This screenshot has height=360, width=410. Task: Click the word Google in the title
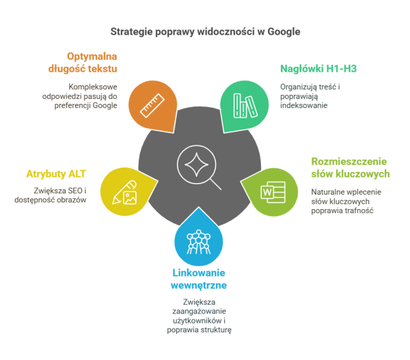tap(284, 32)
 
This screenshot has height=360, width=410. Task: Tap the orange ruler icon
tap(152, 106)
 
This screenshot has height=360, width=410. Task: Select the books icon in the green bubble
tap(245, 106)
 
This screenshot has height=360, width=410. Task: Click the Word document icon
tap(273, 192)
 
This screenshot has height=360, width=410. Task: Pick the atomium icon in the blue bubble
tap(198, 242)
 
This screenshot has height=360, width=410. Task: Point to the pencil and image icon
tap(125, 192)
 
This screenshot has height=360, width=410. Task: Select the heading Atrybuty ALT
tap(56, 174)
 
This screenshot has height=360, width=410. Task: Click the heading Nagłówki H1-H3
tap(318, 69)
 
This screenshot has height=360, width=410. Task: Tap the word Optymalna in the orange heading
tap(92, 57)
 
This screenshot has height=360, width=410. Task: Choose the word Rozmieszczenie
tap(348, 161)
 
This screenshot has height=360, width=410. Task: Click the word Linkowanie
tap(199, 273)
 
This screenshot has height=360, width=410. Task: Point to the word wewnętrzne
tap(199, 286)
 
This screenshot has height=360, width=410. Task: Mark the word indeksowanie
tap(304, 105)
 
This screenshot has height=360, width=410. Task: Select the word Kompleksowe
tap(93, 87)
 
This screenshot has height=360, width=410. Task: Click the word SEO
tap(75, 191)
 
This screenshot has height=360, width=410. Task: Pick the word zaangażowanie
tap(199, 311)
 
